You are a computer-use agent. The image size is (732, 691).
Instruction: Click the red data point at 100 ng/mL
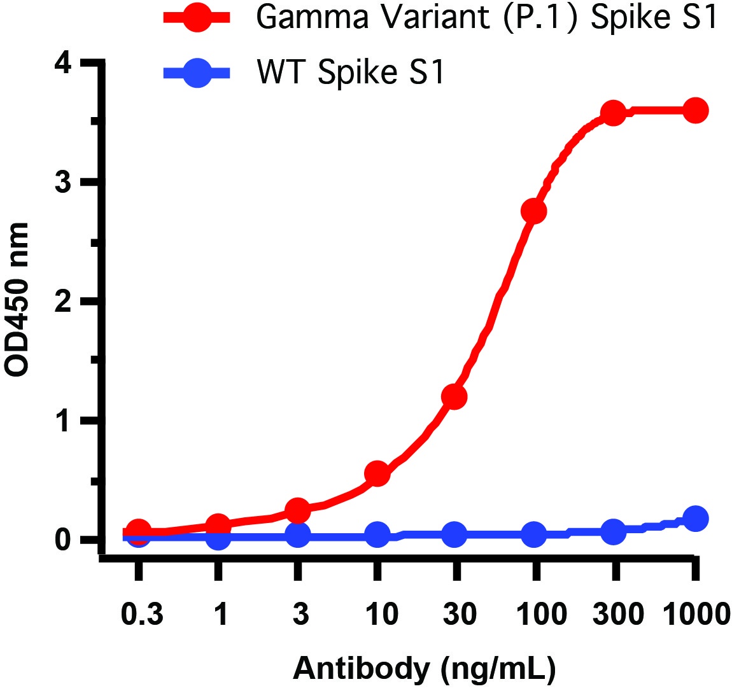(x=533, y=211)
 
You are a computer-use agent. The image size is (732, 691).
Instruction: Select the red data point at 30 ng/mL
(x=454, y=396)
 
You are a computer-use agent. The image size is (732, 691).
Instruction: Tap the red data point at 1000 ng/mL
(x=695, y=111)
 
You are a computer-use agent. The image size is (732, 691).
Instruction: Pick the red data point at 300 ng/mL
(x=613, y=114)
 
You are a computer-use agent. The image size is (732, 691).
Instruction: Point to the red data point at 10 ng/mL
(x=377, y=473)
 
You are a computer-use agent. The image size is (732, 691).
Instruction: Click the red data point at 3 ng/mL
(x=297, y=510)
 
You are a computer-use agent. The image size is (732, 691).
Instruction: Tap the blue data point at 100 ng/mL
(x=533, y=534)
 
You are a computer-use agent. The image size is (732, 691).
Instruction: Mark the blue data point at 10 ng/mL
(x=377, y=535)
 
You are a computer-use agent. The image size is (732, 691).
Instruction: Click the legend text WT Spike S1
(x=350, y=72)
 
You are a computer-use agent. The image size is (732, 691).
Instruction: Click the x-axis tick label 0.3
(x=142, y=615)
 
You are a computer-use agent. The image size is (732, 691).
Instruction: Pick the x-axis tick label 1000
(x=695, y=615)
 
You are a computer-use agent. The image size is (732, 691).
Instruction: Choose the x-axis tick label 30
(x=458, y=615)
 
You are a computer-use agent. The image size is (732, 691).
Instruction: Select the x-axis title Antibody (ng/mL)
(x=424, y=669)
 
